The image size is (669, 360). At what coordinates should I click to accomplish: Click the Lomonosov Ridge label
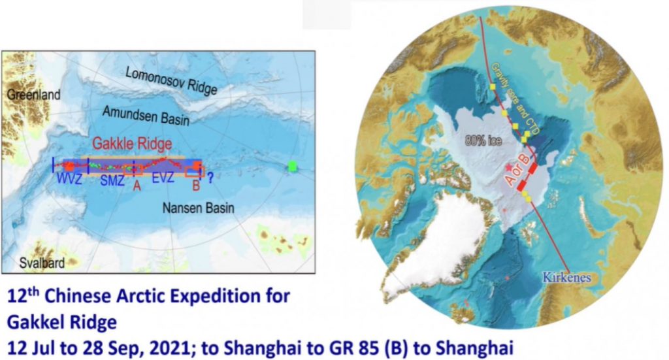tap(172, 80)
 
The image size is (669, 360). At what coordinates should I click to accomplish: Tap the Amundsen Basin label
tap(146, 116)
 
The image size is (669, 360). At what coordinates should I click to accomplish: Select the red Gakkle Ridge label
tap(132, 144)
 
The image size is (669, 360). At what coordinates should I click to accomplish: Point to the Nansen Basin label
tap(199, 208)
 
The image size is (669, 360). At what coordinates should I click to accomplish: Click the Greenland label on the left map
tap(34, 95)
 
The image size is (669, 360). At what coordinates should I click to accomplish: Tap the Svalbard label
tap(42, 263)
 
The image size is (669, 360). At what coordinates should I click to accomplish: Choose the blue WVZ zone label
tap(69, 179)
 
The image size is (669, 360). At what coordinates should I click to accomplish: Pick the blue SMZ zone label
tap(112, 181)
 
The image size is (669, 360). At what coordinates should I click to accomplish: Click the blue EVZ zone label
tap(163, 178)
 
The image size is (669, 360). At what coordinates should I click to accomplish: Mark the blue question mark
tap(210, 178)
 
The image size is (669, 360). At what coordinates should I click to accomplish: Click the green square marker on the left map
tap(292, 167)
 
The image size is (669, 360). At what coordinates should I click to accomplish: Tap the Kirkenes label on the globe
tap(566, 278)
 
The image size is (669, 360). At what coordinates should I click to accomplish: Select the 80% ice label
tap(483, 140)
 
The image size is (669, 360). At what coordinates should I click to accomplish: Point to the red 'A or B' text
tap(517, 169)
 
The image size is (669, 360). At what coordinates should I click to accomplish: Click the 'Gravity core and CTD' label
tap(516, 99)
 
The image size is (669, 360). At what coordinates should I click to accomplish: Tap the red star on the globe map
tap(508, 167)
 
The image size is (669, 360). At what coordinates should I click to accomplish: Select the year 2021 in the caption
tap(171, 348)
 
